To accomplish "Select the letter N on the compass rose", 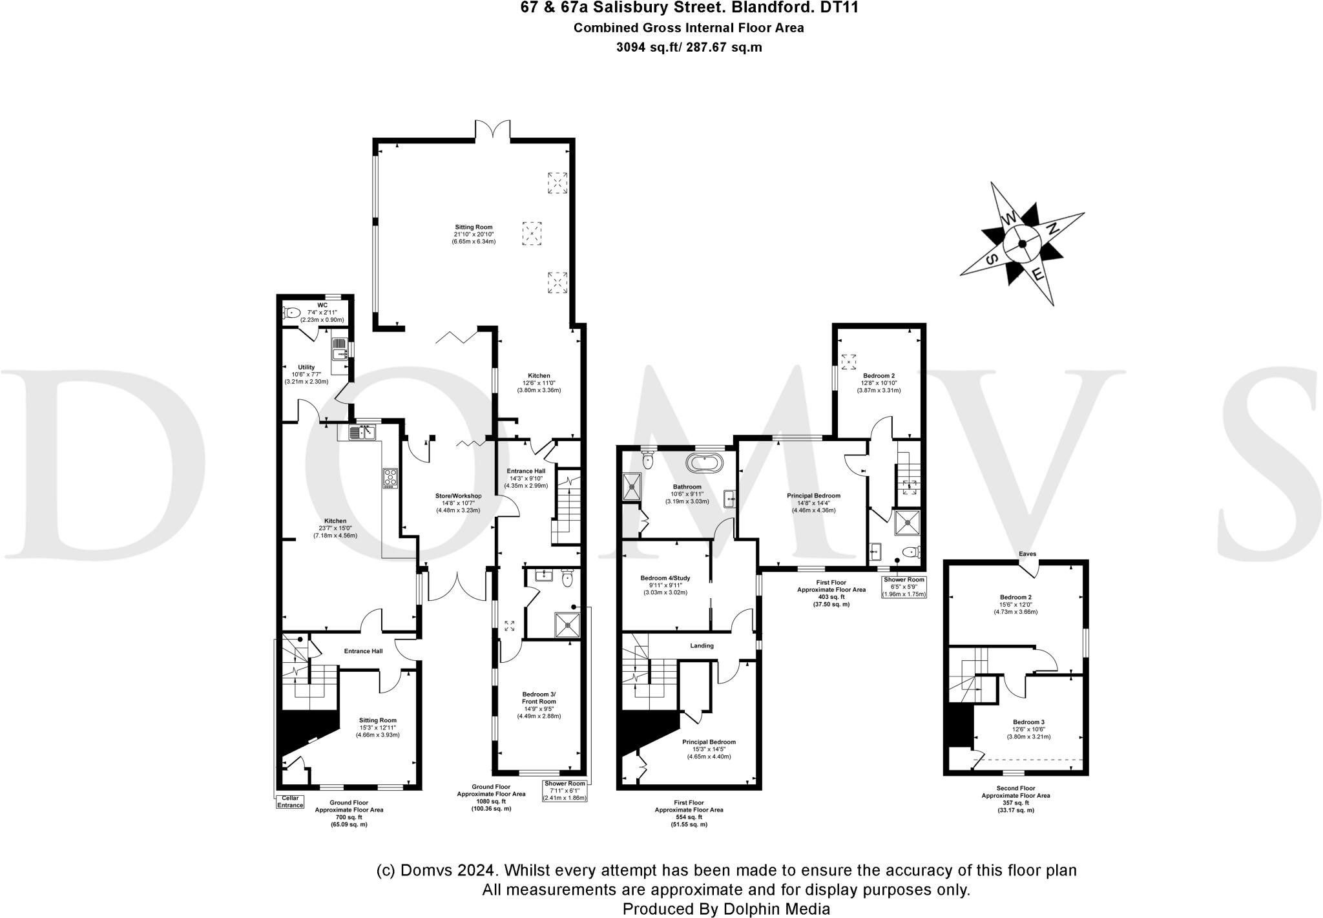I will point(1052,229).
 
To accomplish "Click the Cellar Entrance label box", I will point(290,802).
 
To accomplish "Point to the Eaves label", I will point(1027,554).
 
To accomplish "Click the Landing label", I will point(702,645).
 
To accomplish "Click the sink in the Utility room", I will point(340,353).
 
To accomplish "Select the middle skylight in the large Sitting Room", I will point(532,233).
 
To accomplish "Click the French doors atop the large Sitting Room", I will point(493,129).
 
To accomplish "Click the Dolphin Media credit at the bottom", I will point(725,908).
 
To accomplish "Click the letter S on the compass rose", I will point(992,258).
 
